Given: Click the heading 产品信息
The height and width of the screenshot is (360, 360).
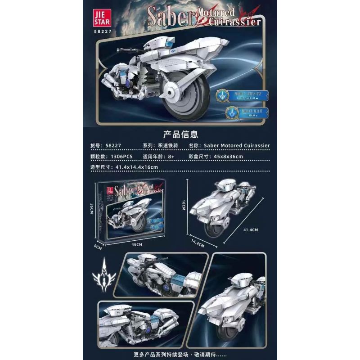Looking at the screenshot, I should tap(180, 134).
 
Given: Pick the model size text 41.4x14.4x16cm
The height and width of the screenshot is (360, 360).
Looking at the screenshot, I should tap(136, 167).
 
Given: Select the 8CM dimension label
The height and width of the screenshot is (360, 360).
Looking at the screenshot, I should tap(98, 247).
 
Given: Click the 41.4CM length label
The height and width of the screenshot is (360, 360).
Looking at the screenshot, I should tap(251, 229).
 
